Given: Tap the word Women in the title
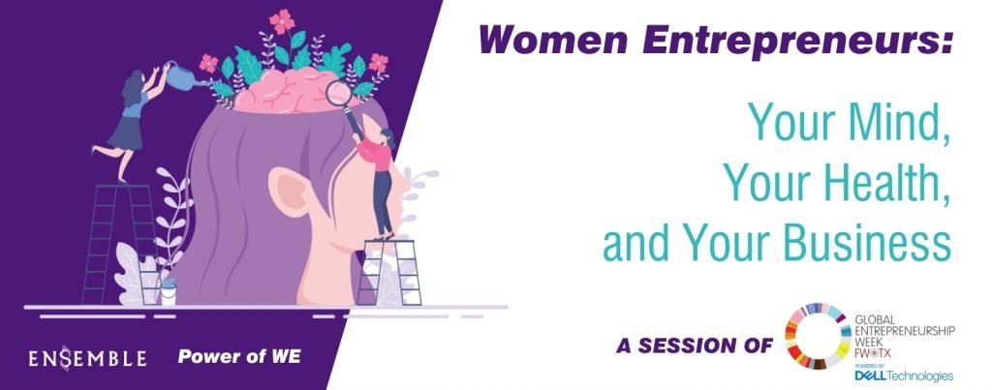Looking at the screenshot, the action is tap(553, 40).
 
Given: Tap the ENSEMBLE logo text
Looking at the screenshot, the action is tap(87, 358).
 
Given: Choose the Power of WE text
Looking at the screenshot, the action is tap(239, 357).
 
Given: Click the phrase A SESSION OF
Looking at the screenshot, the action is tap(694, 345).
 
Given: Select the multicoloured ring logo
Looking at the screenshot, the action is tap(817, 336).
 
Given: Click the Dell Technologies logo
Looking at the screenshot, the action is tap(904, 376).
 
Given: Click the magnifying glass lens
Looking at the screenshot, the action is tap(339, 94).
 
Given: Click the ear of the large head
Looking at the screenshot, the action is tap(291, 191).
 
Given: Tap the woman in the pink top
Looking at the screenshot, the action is tap(379, 182).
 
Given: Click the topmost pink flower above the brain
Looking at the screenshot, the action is tap(282, 22).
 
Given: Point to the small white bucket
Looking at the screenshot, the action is tap(169, 295).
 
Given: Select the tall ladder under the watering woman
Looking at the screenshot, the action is tap(118, 244).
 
